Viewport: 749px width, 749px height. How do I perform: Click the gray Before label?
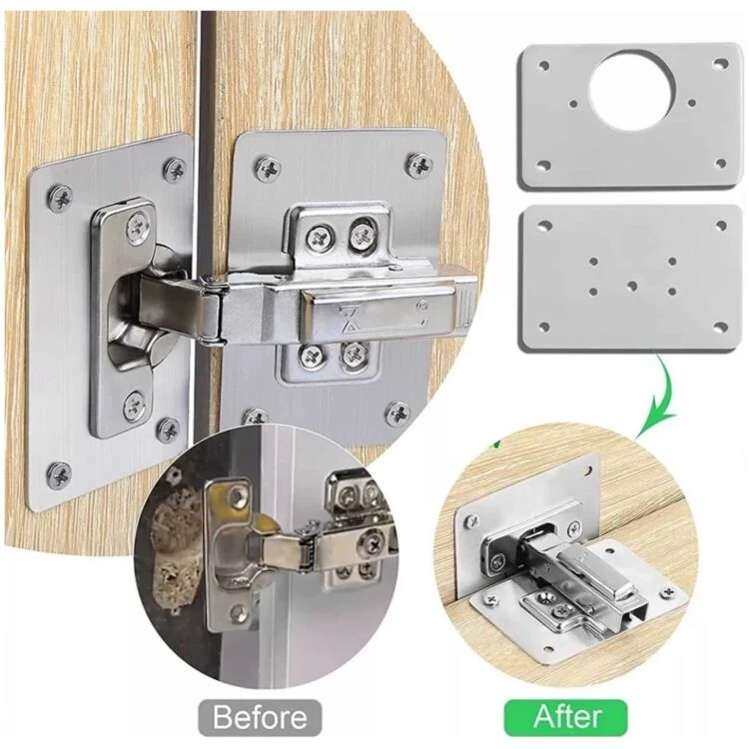coord(260,716)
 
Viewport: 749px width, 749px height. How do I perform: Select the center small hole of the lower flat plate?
coord(632,286)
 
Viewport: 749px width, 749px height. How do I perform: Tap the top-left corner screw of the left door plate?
coord(61,197)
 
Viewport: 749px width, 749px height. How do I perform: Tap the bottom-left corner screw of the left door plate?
coord(60,474)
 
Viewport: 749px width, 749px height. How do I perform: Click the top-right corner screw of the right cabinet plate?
coord(419,165)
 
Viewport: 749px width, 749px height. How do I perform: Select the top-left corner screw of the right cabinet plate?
coord(269,168)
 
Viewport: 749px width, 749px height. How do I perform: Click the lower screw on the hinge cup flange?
coord(135,405)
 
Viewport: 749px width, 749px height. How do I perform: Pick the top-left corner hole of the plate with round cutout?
coord(543,66)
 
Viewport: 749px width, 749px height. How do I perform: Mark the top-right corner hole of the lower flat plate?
coord(720,225)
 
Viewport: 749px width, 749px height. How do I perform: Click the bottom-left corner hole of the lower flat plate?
coord(543,327)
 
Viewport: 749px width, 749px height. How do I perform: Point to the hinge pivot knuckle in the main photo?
coord(212,309)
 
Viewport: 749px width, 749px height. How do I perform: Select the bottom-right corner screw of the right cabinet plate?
coord(397,413)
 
